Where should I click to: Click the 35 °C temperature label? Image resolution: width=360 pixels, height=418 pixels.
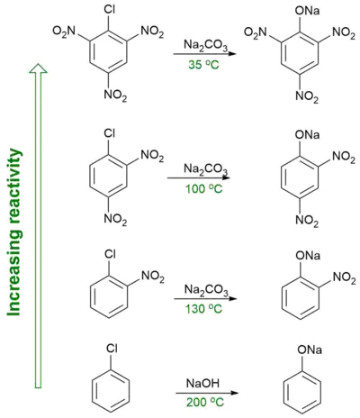pyautogui.click(x=203, y=65)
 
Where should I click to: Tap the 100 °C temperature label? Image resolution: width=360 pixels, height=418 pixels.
pyautogui.click(x=204, y=189)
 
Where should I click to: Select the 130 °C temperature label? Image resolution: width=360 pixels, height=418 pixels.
pyautogui.click(x=204, y=308)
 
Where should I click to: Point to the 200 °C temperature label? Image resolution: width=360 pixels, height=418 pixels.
pyautogui.click(x=205, y=403)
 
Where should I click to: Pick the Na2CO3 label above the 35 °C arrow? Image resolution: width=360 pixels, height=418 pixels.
pyautogui.click(x=206, y=46)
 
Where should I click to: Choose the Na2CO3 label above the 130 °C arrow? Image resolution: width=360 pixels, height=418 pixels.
pyautogui.click(x=206, y=291)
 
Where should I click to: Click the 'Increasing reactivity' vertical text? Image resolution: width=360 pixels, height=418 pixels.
pyautogui.click(x=14, y=232)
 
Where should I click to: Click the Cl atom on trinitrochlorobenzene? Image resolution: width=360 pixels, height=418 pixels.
pyautogui.click(x=110, y=10)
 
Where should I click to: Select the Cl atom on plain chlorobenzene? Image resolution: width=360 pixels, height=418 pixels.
pyautogui.click(x=112, y=349)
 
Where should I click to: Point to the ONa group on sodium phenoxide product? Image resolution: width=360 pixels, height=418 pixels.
pyautogui.click(x=310, y=350)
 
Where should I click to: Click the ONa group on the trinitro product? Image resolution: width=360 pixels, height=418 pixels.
pyautogui.click(x=307, y=11)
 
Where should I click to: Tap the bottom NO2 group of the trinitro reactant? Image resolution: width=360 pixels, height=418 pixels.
pyautogui.click(x=115, y=96)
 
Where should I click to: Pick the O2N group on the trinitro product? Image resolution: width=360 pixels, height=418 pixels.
pyautogui.click(x=256, y=32)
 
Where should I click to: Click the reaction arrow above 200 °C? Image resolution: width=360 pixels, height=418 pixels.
pyautogui.click(x=207, y=393)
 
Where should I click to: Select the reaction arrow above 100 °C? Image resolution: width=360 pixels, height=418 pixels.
pyautogui.click(x=199, y=177)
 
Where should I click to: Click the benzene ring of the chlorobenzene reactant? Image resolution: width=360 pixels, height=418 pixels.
pyautogui.click(x=111, y=391)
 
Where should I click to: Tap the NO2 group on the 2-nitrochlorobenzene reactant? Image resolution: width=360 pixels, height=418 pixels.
pyautogui.click(x=153, y=277)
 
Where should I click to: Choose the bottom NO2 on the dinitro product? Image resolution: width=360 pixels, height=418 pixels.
pyautogui.click(x=307, y=222)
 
